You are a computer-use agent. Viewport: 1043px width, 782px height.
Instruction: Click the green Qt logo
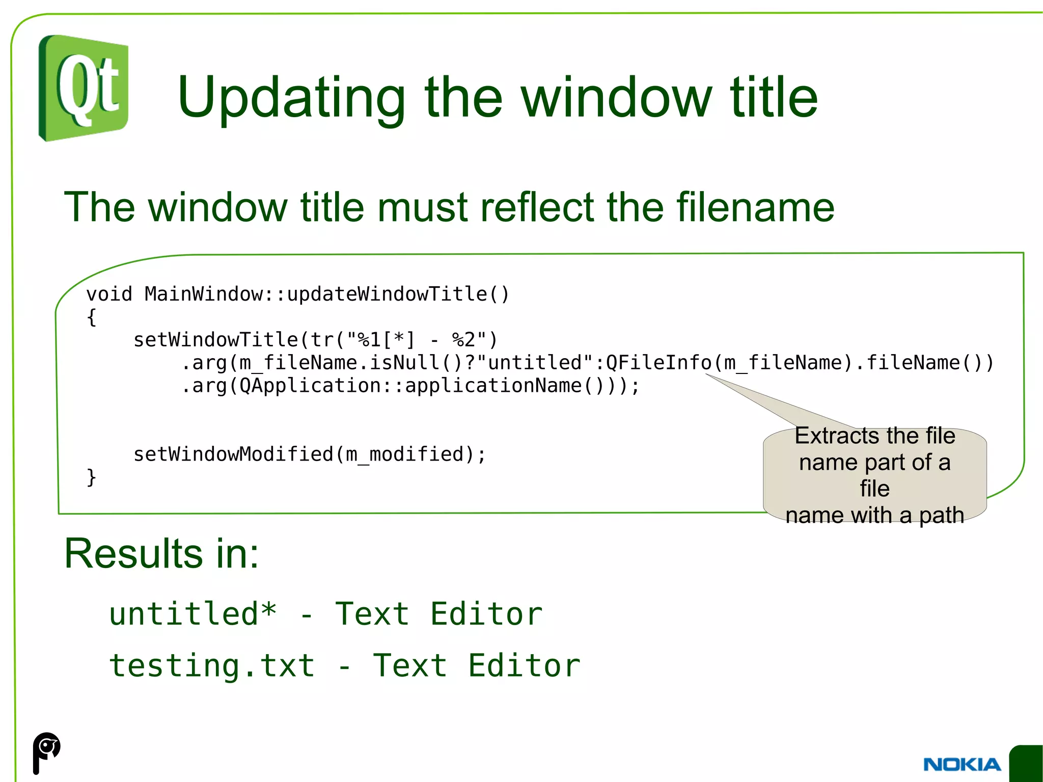pyautogui.click(x=84, y=88)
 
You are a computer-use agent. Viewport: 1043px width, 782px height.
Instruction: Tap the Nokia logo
pyautogui.click(x=962, y=765)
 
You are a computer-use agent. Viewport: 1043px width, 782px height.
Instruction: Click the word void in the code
pyautogui.click(x=109, y=294)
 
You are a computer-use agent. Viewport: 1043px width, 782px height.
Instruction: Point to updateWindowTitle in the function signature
pyautogui.click(x=387, y=294)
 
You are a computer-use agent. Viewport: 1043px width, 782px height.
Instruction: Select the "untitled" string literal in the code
pyautogui.click(x=534, y=363)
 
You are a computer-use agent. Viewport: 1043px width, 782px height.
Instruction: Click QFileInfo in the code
pyautogui.click(x=658, y=363)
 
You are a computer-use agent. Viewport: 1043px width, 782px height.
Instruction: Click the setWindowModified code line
pyautogui.click(x=309, y=454)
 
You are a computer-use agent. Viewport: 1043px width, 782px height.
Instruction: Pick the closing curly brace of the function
pyautogui.click(x=92, y=477)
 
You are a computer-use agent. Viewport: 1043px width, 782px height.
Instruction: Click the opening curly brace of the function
pyautogui.click(x=92, y=317)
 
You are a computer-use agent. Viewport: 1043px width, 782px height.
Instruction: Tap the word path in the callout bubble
pyautogui.click(x=941, y=515)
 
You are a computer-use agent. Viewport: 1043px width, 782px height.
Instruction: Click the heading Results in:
pyautogui.click(x=161, y=553)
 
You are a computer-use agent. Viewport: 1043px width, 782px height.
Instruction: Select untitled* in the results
pyautogui.click(x=193, y=613)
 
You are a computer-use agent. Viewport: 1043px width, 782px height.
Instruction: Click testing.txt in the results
pyautogui.click(x=212, y=665)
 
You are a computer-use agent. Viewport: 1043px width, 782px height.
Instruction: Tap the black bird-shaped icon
pyautogui.click(x=46, y=752)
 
